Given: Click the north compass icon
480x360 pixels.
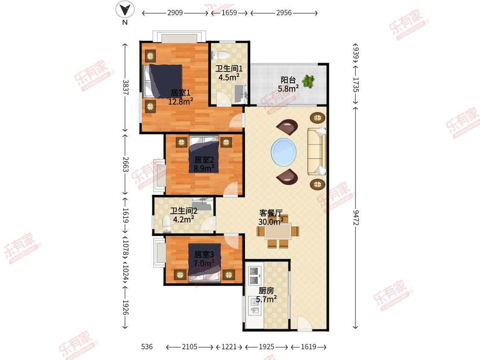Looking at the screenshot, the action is point(125,10).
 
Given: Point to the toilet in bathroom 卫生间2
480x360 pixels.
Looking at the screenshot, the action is point(167,224).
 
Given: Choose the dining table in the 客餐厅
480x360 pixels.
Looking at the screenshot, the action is point(278,231).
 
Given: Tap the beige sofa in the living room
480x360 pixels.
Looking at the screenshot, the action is point(317,151).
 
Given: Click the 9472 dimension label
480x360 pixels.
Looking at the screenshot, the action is point(355,218).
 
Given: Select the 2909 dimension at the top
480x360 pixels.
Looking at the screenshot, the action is point(175,13).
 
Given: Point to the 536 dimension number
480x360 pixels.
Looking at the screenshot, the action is point(147,346).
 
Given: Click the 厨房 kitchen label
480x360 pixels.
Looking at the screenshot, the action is point(266,290).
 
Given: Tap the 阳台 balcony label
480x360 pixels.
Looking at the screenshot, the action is point(288,80).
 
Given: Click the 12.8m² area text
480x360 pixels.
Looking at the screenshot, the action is point(180,101).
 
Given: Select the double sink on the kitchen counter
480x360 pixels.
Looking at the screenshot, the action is point(254,306).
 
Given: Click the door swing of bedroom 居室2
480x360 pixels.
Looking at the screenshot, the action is point(230,189).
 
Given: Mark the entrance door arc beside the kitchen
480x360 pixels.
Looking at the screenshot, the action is point(305,323).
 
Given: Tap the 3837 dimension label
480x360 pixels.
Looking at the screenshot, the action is point(125,87).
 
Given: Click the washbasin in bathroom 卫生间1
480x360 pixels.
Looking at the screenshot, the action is point(241,93).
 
